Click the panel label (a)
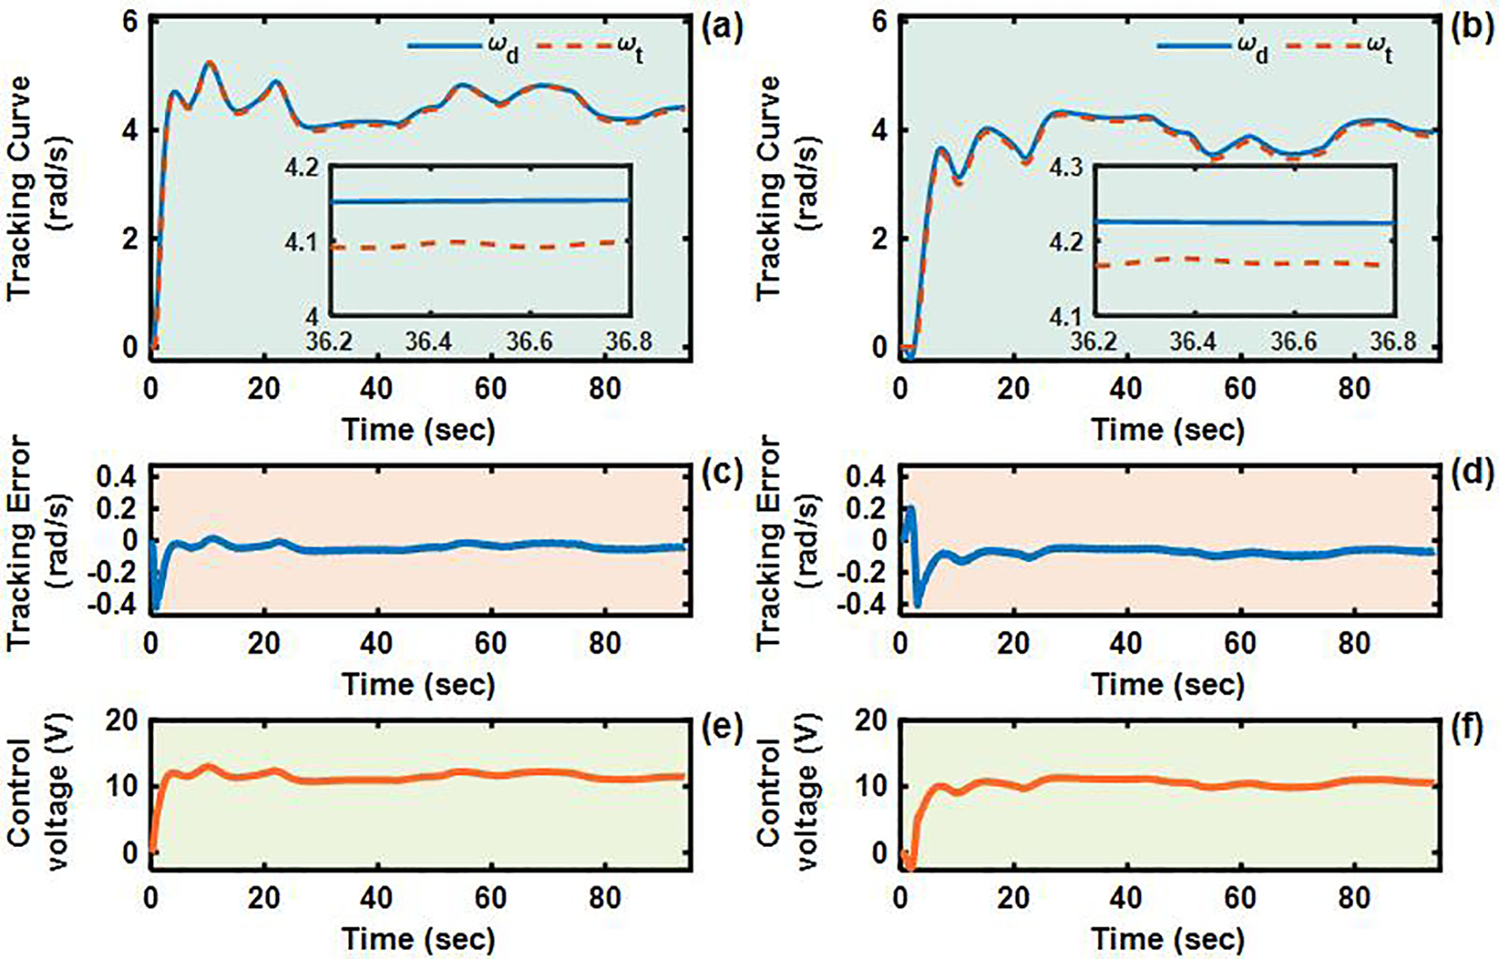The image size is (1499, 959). click(x=722, y=28)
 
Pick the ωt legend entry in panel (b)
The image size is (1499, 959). click(x=1339, y=48)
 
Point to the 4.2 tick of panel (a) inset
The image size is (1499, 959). click(x=302, y=169)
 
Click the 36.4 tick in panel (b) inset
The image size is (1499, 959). click(x=1192, y=342)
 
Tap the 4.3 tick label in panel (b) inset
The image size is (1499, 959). click(x=1066, y=168)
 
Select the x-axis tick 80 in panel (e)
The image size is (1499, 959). click(x=604, y=897)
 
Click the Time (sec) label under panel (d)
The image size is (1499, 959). click(x=1167, y=684)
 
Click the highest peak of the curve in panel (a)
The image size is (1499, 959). click(x=209, y=63)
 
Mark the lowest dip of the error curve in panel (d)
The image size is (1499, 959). click(x=918, y=603)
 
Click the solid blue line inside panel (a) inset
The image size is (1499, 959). click(x=480, y=200)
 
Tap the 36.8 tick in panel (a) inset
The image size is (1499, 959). click(x=628, y=342)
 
